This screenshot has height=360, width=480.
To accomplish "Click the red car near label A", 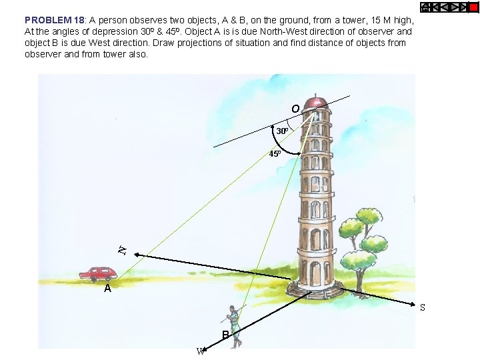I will pos(98,273).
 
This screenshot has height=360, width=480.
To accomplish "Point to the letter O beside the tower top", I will pos(295,109).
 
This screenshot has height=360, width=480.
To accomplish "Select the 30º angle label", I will pos(282,132).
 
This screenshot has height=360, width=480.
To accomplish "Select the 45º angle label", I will pos(275,154).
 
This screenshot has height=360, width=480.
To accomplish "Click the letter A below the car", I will pos(107,289).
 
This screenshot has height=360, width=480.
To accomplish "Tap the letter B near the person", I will pos(226,334).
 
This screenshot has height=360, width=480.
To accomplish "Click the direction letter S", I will pos(422,308).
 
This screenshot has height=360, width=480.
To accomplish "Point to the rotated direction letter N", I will pos(122,251).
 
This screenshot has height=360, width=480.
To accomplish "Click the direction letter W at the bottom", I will pos(199,352).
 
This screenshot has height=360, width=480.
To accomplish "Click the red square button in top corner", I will pos(473,7).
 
